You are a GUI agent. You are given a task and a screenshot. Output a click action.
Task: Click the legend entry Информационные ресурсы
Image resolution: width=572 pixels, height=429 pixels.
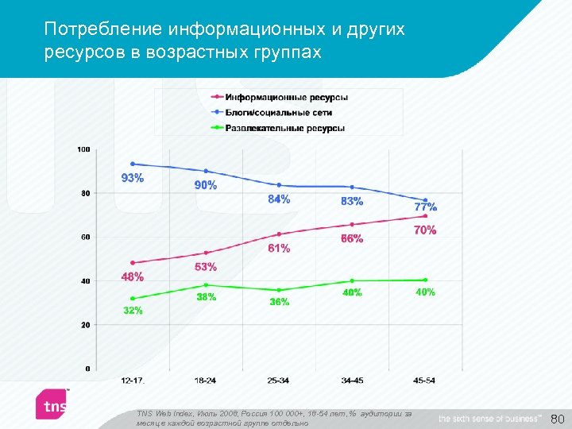286,98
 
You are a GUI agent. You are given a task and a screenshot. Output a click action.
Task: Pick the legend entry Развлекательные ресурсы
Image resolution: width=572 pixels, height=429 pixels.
284,128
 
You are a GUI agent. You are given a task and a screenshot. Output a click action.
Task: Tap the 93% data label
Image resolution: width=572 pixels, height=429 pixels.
132,178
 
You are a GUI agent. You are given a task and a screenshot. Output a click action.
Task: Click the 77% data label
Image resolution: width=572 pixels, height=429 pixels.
425,207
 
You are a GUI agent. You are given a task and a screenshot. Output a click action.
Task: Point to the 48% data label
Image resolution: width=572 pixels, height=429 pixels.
132,277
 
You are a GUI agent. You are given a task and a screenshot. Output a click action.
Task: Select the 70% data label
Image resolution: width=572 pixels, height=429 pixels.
424,230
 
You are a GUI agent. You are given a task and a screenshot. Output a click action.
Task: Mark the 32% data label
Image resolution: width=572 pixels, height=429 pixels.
132,311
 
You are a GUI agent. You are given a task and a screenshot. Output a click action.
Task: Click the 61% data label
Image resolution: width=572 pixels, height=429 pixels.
278,248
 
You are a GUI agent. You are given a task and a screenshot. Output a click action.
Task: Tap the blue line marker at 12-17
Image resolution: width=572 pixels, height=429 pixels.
133,164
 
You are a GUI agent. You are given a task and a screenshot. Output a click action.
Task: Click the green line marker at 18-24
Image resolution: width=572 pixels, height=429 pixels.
206,284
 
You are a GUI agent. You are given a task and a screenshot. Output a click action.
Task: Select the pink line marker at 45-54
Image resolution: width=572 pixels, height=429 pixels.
426,216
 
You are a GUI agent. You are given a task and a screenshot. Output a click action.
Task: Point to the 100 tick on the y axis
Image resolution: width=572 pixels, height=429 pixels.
83,149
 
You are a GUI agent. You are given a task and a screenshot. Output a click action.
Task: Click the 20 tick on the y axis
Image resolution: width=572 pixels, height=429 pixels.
86,325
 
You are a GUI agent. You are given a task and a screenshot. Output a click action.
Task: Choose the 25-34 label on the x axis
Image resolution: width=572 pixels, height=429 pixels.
279,381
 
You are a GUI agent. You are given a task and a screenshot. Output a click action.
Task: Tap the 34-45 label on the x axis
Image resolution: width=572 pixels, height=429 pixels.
352,381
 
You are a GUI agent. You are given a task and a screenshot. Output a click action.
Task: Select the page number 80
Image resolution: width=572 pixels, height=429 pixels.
557,419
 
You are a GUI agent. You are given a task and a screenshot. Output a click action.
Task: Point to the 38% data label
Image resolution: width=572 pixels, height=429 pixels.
206,298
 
